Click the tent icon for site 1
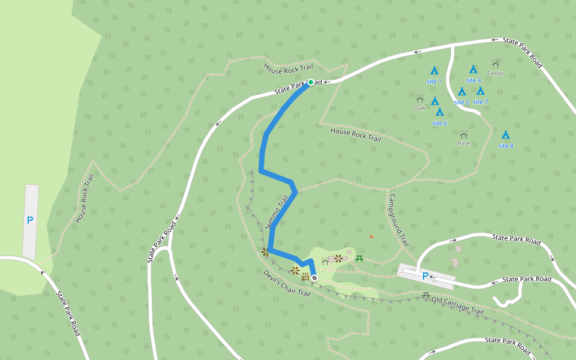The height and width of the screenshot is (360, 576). (x=434, y=70)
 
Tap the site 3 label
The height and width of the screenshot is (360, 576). (x=473, y=80)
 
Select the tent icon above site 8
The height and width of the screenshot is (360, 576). (x=505, y=135)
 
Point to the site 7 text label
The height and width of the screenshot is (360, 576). (x=481, y=101)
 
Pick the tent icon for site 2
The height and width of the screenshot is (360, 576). (x=462, y=92)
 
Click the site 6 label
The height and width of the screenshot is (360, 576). (x=439, y=123)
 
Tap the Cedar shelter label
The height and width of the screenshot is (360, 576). (x=496, y=73)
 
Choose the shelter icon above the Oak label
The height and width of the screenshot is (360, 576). (x=420, y=100)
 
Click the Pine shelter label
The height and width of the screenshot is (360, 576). (x=464, y=143)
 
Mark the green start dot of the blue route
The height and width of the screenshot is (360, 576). (x=311, y=82)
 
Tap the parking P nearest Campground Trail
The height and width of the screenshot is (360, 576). (x=425, y=276)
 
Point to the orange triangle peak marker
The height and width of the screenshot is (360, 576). (x=371, y=236)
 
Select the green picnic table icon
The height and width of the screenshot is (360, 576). (x=359, y=258)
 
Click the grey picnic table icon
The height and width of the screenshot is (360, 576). (x=425, y=295)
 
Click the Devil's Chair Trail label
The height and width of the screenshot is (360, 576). (x=287, y=283)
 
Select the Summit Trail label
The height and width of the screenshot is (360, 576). (x=277, y=211)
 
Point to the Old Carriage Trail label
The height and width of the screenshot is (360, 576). (x=457, y=305)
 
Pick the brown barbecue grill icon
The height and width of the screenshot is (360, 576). (x=305, y=277)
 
